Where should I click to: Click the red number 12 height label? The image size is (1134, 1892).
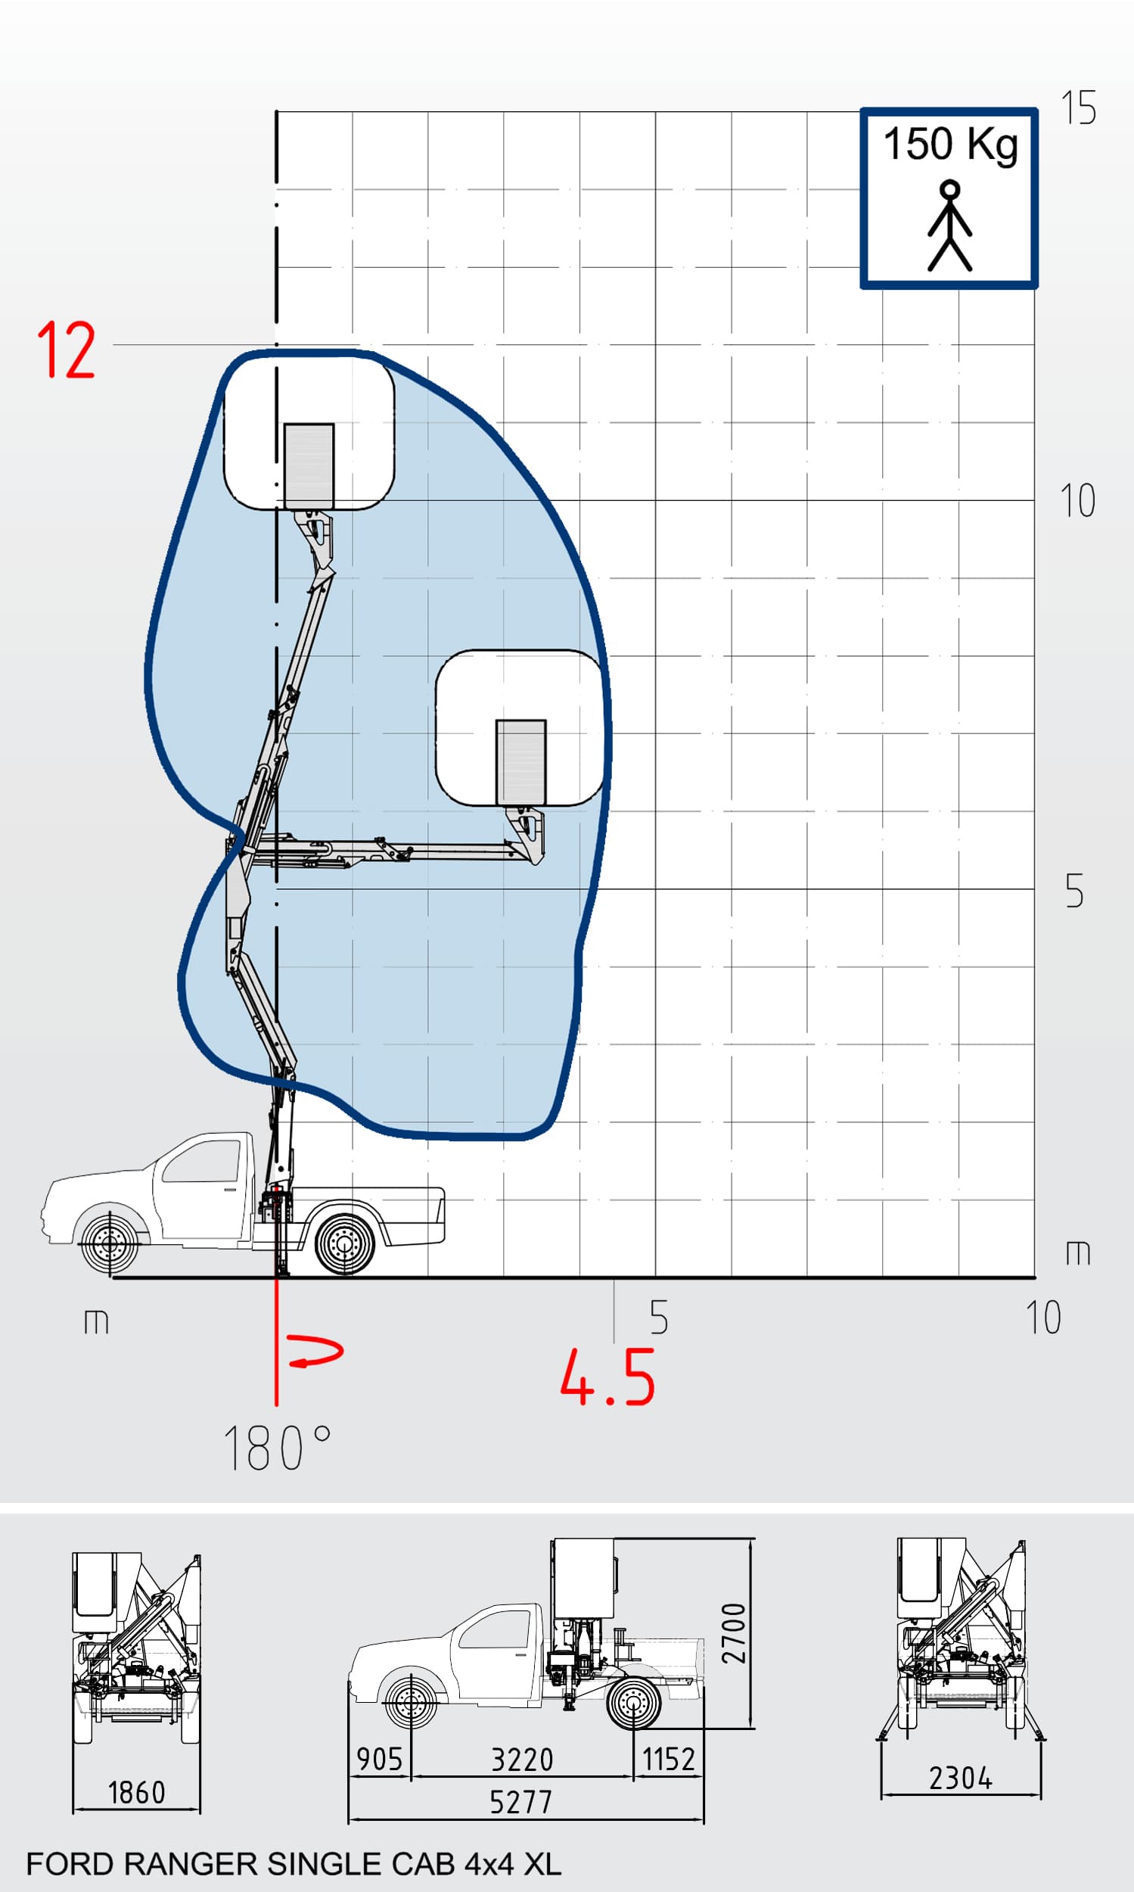[67, 350]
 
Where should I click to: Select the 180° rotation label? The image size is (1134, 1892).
[278, 1448]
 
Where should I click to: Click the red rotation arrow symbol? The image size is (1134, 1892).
[315, 1351]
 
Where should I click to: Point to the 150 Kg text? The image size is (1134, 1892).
[951, 145]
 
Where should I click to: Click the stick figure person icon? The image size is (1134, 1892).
[950, 226]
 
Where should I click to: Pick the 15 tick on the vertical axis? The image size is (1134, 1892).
[1078, 107]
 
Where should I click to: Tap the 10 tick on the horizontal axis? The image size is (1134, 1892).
[1043, 1317]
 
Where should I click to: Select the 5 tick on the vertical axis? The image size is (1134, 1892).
[1074, 891]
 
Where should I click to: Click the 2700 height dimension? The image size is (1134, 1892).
[734, 1633]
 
